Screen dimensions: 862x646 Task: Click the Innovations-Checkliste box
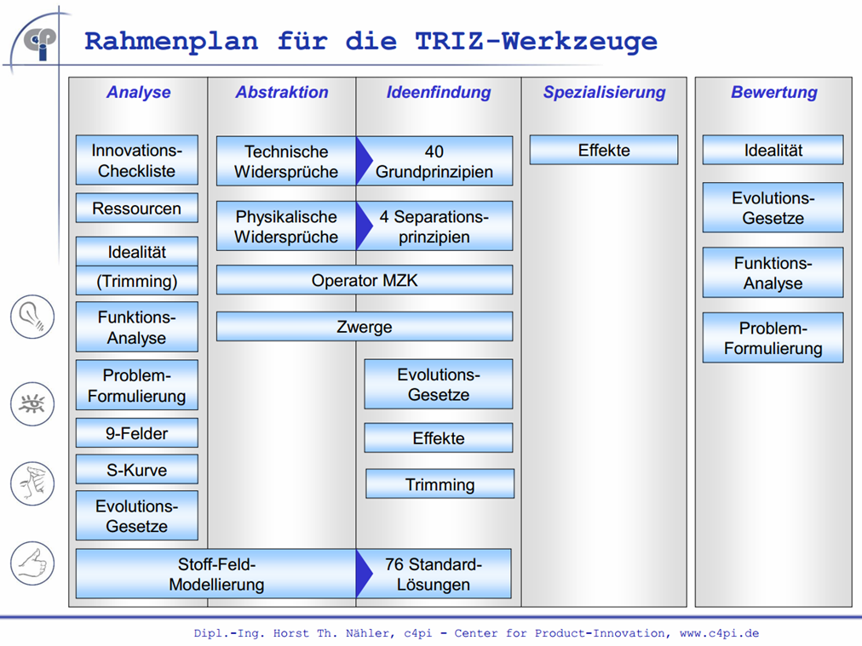coord(137,160)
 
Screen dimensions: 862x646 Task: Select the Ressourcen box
coord(137,209)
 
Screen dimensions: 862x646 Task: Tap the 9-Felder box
coord(137,433)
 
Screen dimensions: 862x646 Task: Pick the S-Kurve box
coord(137,470)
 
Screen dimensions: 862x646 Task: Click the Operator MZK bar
coord(365,280)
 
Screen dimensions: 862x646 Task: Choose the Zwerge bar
coord(365,327)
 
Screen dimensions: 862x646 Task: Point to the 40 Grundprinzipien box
coord(434,161)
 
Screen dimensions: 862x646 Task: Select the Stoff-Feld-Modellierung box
coord(216,574)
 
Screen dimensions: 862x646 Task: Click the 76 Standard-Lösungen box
coord(434,574)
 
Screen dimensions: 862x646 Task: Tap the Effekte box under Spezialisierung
coord(604,150)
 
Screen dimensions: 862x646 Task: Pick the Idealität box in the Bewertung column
coord(773,150)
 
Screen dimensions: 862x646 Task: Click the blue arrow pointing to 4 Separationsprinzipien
coord(364,226)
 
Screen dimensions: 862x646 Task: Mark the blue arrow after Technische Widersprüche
coord(364,161)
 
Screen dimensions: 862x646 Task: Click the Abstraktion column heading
coord(282,92)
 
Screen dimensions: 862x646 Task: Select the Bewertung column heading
coord(774,92)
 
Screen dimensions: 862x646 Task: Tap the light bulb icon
coord(32,317)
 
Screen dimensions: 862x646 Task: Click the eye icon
coord(32,404)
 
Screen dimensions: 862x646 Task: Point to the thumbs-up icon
coord(32,563)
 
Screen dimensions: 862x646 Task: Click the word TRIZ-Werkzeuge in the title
coord(536,42)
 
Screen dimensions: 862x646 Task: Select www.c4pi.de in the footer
coord(719,633)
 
